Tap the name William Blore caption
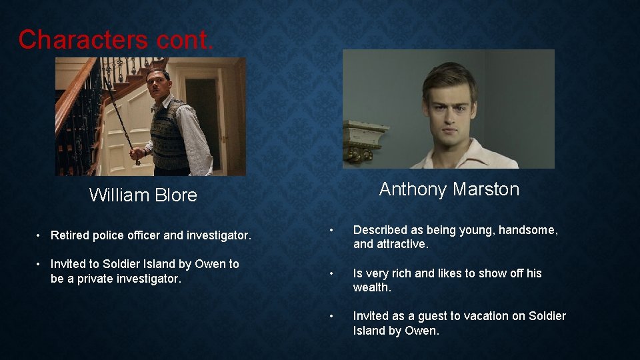pos(143,195)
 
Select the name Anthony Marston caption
pos(449,189)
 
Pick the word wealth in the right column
pos(371,287)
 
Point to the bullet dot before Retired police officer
pos(40,235)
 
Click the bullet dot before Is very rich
pos(331,273)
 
